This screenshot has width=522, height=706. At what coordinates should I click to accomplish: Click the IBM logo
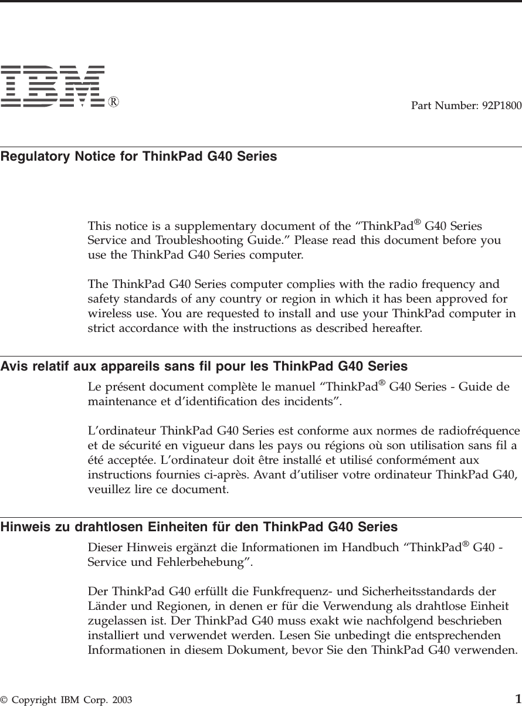[53, 87]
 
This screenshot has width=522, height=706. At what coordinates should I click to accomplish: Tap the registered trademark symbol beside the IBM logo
[114, 101]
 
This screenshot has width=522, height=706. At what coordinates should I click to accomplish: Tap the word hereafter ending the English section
[398, 327]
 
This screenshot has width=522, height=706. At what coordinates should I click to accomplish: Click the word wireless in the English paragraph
[106, 313]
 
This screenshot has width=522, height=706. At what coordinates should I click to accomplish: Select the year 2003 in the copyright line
[122, 700]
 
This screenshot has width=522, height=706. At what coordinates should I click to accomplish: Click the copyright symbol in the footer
[4, 700]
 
